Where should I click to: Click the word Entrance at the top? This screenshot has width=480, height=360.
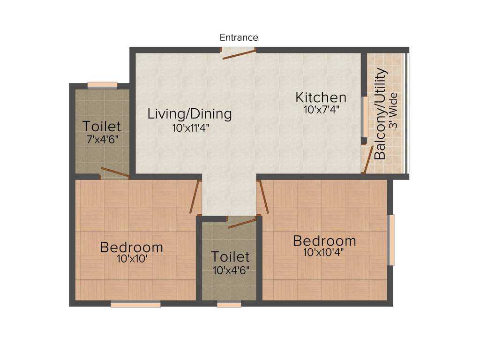[x=239, y=37]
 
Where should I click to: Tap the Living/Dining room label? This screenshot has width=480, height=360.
[x=189, y=113]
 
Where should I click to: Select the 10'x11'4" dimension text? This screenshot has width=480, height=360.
[x=190, y=128]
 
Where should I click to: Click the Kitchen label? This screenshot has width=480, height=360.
[x=321, y=97]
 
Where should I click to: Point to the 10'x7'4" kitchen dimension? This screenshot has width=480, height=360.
[x=321, y=111]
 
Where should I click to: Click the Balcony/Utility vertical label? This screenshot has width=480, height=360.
[x=381, y=114]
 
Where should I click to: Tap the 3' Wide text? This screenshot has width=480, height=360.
[x=393, y=114]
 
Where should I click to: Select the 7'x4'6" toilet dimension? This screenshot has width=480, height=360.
[x=102, y=140]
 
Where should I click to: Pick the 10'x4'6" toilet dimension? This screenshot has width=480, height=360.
[x=230, y=270]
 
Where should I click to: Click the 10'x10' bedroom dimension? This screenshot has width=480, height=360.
[x=131, y=259]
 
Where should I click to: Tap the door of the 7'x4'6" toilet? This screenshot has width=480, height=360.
[x=115, y=173]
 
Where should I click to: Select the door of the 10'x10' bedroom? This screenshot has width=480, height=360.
[x=195, y=196]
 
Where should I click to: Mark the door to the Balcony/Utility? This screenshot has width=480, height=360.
[x=369, y=159]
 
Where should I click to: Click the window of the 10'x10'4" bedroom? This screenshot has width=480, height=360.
[x=391, y=240]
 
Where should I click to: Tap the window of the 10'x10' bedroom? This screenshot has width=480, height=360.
[x=135, y=304]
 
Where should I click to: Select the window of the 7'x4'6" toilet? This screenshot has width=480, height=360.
[x=102, y=85]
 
